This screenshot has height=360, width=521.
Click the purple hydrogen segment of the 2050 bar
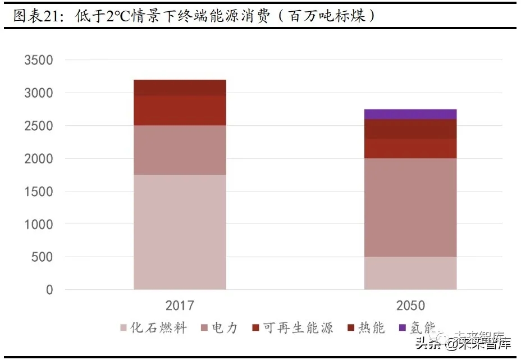pos(410,114)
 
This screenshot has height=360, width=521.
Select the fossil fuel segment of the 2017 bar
pos(180,232)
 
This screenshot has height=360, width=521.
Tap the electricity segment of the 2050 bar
pos(410,207)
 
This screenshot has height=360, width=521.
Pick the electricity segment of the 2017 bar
pos(180,150)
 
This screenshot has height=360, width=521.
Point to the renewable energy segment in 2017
pos(180,110)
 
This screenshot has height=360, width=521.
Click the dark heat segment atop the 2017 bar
pos(180,88)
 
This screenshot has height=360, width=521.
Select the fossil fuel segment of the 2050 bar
pos(410,273)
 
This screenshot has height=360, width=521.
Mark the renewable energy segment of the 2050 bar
pos(410,148)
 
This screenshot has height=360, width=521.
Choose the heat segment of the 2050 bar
pos(410,129)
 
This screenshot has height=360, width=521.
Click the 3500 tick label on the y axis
pos(39,60)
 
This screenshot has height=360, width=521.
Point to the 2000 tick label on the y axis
pos(39,159)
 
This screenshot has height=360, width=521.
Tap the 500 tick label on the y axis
pos(42,257)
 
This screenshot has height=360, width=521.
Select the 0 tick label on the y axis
pos(49,290)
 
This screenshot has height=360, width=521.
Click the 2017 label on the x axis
pos(180,306)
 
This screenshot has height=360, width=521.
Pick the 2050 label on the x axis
pos(410,306)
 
